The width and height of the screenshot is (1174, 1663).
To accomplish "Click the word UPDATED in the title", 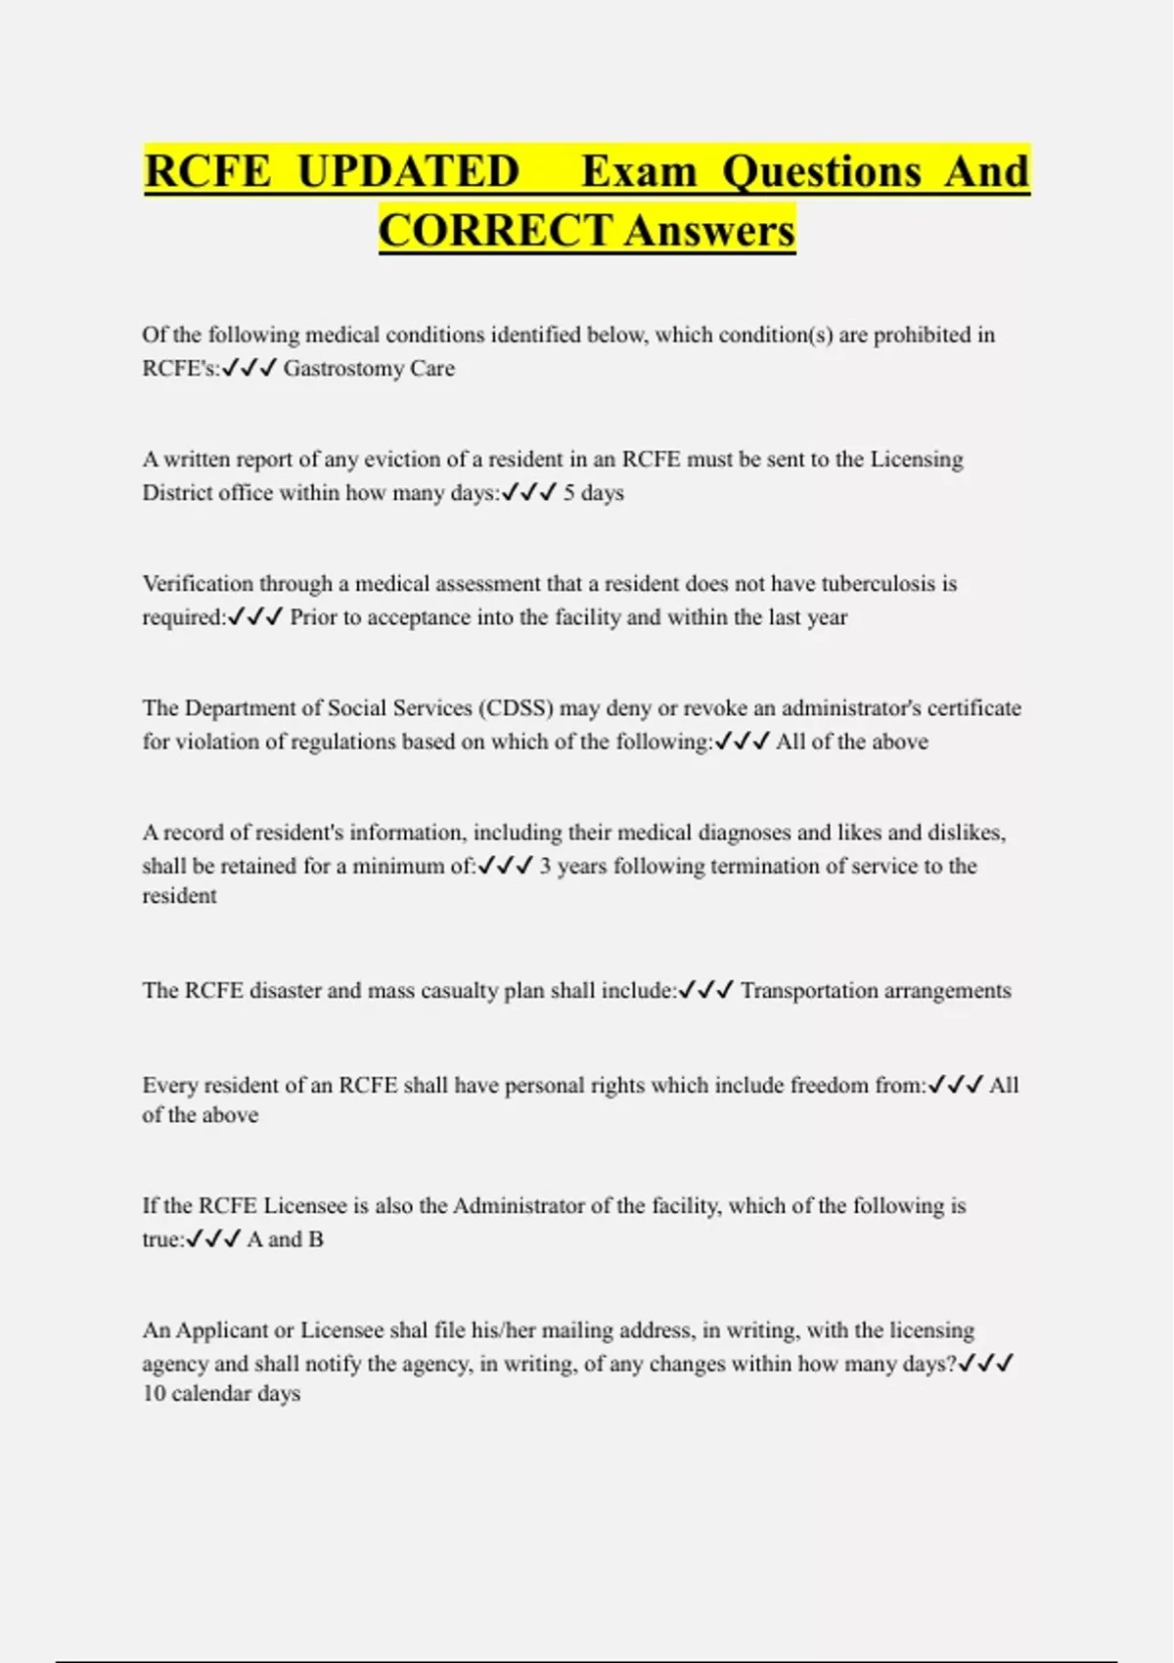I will pyautogui.click(x=408, y=171).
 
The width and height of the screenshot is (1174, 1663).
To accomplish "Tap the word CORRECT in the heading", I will pyautogui.click(x=495, y=231).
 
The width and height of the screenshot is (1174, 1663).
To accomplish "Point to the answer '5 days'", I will pyautogui.click(x=593, y=493).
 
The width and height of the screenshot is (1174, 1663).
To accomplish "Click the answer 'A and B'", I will pyautogui.click(x=285, y=1239).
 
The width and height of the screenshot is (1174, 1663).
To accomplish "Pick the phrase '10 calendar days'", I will pyautogui.click(x=221, y=1394).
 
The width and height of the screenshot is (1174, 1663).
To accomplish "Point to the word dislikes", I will pyautogui.click(x=963, y=832).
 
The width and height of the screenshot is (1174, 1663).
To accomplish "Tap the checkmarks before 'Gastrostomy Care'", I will pyautogui.click(x=249, y=369).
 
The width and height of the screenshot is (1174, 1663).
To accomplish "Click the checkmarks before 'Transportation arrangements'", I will pyautogui.click(x=705, y=991).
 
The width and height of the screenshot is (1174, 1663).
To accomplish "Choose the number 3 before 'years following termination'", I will pyautogui.click(x=545, y=867).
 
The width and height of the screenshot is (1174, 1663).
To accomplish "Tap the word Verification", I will pyautogui.click(x=201, y=584).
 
